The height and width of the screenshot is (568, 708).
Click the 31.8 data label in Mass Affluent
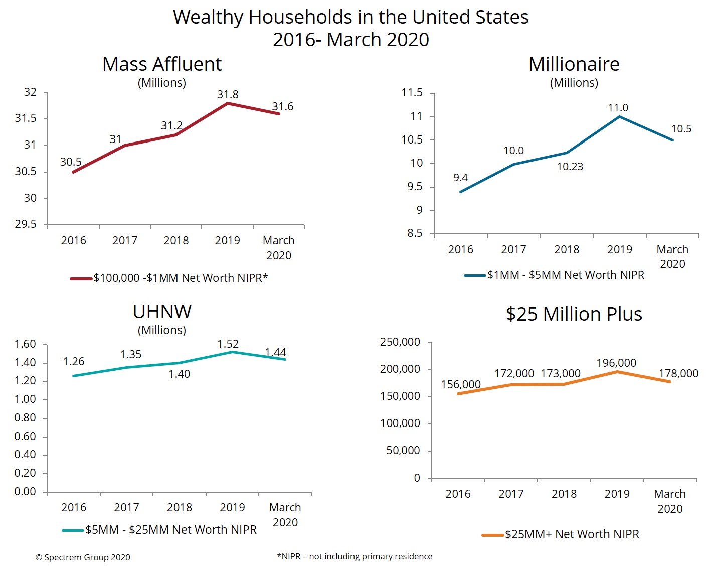point(228,94)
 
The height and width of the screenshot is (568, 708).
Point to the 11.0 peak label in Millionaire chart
point(618,108)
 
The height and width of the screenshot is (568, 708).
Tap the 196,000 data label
point(616,363)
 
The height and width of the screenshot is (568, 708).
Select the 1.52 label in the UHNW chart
point(228,344)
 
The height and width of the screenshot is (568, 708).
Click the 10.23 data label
point(570,167)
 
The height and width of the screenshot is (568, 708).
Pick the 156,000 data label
point(460,384)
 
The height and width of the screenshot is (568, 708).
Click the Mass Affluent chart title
point(161,64)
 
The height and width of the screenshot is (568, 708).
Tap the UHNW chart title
point(162,312)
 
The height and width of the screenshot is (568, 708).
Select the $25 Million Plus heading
point(574,314)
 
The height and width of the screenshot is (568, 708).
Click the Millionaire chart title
point(574,64)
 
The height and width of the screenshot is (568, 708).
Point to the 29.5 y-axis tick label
point(26,224)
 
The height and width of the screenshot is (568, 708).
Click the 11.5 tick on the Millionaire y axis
point(412,93)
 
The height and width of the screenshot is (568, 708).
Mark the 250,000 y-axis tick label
point(400,342)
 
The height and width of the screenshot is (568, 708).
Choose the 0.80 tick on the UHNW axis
point(25,417)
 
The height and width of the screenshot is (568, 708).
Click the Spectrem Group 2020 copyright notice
point(83,557)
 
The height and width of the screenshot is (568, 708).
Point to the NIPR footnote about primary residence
point(355,556)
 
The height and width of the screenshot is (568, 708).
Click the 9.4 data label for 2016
point(460,178)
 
